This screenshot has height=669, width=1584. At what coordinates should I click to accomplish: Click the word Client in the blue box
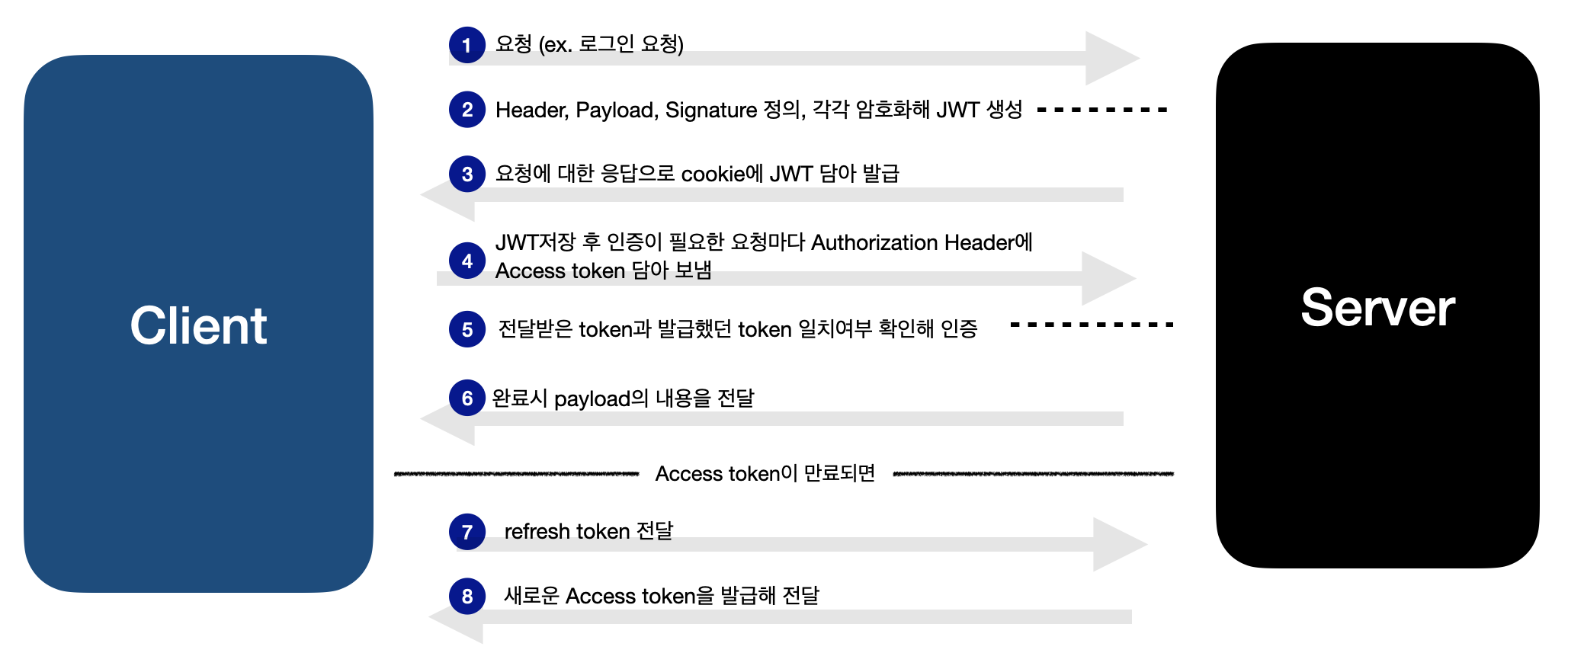click(198, 326)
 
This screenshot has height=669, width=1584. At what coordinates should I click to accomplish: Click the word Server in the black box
click(1377, 308)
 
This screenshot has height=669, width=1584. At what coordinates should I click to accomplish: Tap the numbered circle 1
click(467, 45)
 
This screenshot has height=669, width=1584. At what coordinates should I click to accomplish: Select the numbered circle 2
click(467, 110)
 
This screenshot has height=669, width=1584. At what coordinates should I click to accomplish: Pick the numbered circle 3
click(467, 174)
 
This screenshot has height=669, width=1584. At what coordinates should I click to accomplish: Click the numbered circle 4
click(467, 261)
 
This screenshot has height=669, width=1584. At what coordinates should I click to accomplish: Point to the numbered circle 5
click(467, 329)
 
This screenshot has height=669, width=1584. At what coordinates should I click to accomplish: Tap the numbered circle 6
click(467, 398)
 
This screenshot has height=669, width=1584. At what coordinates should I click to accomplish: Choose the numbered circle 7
click(467, 532)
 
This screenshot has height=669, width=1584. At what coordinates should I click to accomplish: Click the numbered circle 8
click(467, 596)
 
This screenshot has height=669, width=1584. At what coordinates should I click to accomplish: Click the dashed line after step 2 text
click(1102, 110)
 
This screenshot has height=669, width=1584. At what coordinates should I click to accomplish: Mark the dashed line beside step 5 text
click(1092, 325)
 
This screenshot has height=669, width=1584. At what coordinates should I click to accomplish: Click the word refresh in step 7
click(537, 531)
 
